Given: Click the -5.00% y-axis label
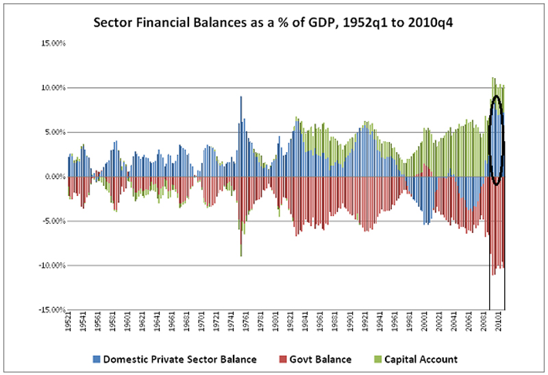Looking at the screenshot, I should [x=51, y=221].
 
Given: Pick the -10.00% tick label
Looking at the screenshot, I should [x=49, y=265].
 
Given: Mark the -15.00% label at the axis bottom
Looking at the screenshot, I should [x=49, y=310].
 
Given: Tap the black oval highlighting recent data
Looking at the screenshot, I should [x=497, y=140].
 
